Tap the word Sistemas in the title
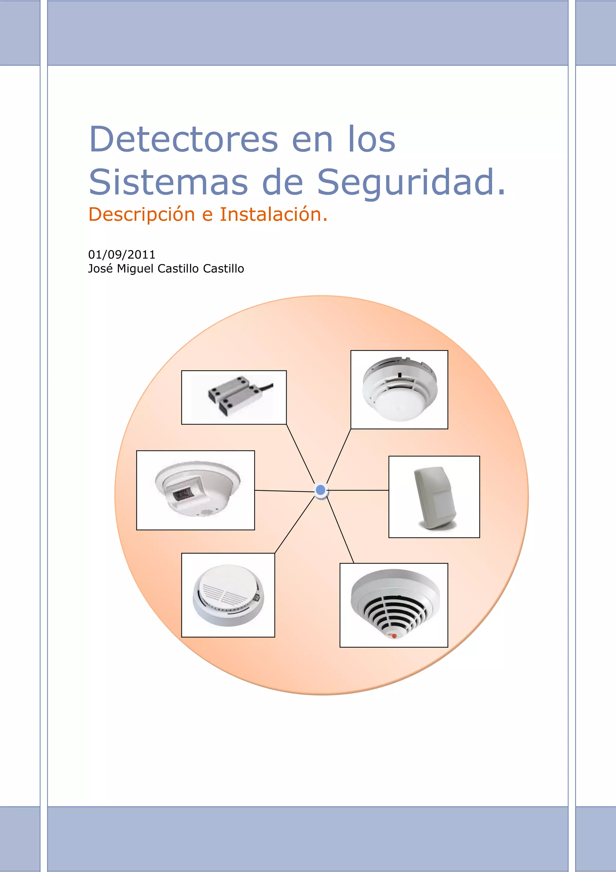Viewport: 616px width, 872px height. tap(168, 182)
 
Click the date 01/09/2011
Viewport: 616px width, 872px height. tap(122, 254)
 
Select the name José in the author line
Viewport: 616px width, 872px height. tap(100, 268)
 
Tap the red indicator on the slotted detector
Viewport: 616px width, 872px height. tap(394, 635)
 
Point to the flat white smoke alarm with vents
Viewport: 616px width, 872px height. tap(228, 595)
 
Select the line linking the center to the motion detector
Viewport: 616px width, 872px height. tap(359, 490)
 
